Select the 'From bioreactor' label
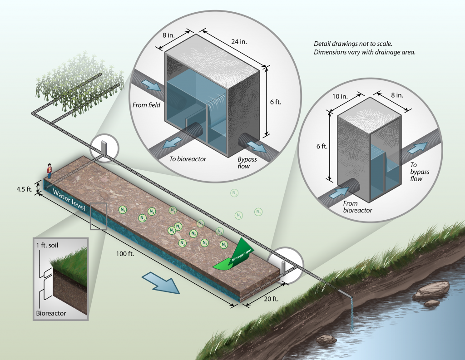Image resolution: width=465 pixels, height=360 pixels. (x=357, y=207)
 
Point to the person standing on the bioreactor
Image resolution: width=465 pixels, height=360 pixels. (x=49, y=171)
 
